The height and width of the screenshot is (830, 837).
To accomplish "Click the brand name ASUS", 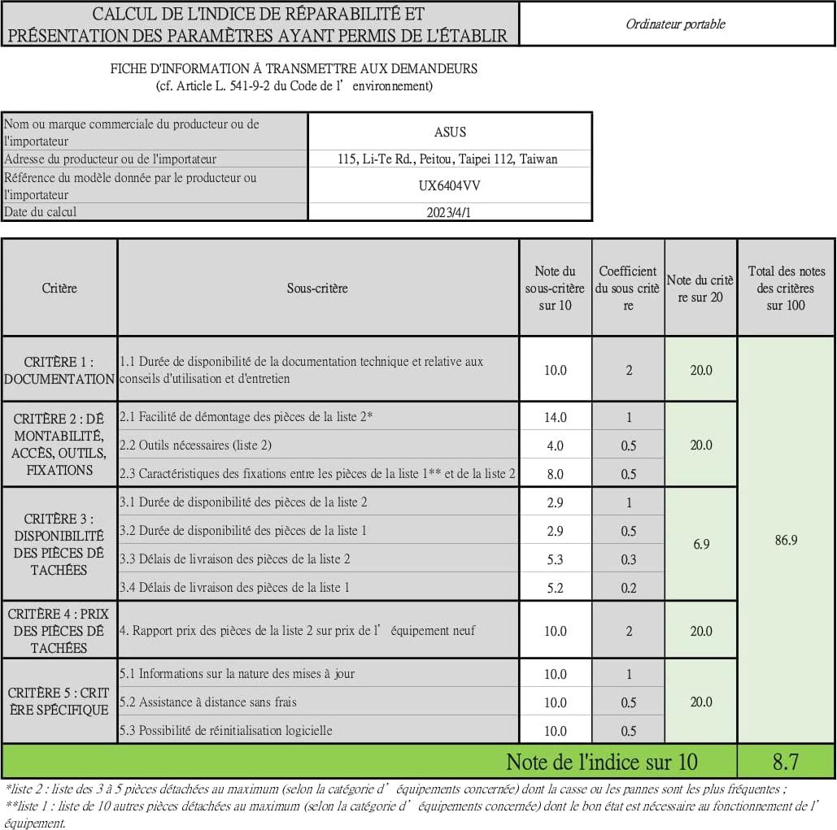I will (450, 132).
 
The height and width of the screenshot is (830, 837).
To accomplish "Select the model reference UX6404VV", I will (450, 185).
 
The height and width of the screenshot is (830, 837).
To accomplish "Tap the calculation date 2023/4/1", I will (450, 212).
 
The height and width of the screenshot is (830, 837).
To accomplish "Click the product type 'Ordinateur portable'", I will (675, 24).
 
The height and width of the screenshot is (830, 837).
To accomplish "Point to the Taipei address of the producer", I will (447, 159).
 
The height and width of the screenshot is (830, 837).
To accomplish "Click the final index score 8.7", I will (786, 762).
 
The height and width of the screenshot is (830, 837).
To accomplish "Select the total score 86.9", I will (786, 540).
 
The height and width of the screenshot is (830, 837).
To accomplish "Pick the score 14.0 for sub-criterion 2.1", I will (556, 418).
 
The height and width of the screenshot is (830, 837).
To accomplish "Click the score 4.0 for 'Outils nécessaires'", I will (556, 445).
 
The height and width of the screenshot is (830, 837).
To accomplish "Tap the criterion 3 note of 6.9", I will (701, 544).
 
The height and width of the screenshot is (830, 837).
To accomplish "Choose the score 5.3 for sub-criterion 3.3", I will (556, 559).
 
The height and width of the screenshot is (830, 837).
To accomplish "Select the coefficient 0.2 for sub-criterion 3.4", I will (628, 588).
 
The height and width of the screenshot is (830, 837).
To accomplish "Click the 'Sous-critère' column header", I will (317, 289).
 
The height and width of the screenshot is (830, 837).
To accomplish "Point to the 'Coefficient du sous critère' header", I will (628, 289).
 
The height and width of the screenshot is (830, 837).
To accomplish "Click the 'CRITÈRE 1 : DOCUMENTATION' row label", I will (59, 370).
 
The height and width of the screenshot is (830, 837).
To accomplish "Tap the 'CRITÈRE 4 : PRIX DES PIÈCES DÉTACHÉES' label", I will (59, 631).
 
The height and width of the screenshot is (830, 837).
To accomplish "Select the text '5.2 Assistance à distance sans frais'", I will (208, 702).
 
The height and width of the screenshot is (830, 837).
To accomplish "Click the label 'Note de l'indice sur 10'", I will (601, 762).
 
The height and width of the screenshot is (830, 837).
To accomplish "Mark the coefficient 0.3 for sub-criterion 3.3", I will (628, 559).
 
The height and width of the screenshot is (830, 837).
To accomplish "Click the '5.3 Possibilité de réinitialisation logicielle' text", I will (226, 730).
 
